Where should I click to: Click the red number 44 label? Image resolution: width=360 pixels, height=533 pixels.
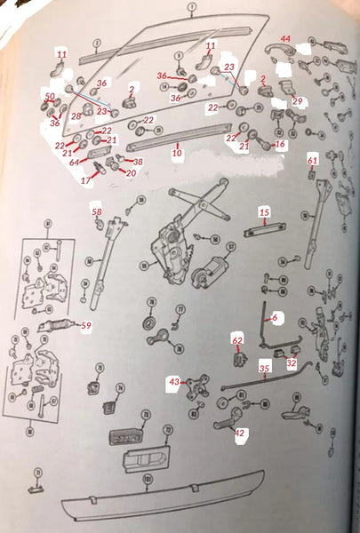285,39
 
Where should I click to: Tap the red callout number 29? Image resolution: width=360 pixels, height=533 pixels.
297,101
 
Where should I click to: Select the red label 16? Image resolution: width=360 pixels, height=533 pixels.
280,143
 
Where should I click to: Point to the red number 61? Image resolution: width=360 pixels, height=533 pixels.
312,160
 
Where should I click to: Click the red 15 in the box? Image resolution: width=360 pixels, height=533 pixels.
264,211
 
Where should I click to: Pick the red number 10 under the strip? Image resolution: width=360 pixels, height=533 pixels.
176,154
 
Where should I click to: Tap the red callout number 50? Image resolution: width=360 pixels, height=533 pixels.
50,95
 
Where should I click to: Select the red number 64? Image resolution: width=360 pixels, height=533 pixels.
75,162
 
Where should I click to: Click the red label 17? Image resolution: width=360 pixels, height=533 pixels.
85,180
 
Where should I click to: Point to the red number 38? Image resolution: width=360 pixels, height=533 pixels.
137,163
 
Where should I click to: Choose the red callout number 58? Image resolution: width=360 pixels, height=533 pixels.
97,211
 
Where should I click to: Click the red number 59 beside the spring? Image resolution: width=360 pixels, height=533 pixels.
86,326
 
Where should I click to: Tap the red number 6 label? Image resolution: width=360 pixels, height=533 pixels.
275,316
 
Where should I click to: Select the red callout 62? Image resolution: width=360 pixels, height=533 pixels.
236,339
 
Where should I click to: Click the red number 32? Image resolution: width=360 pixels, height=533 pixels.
292,362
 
